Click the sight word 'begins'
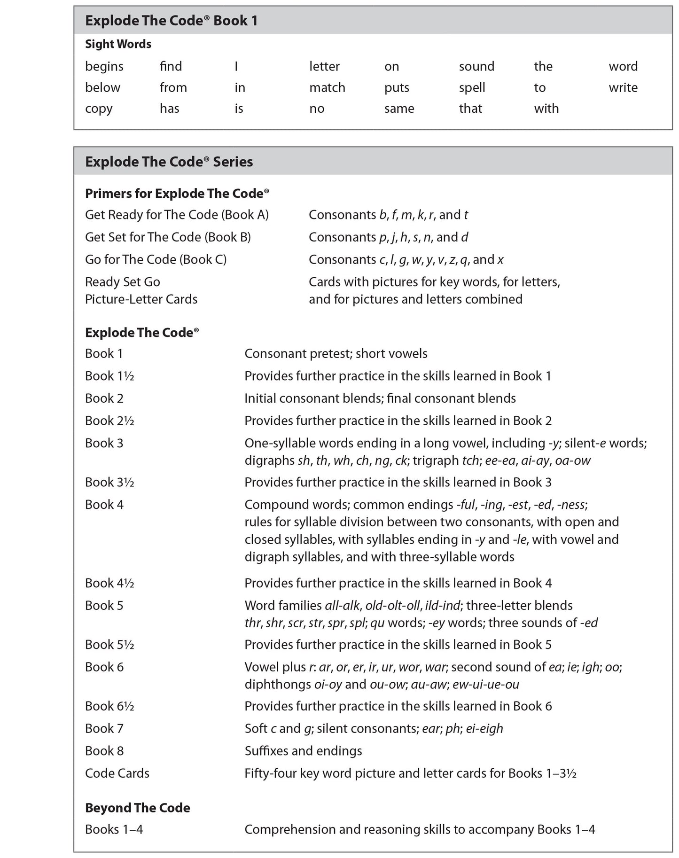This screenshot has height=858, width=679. (x=104, y=67)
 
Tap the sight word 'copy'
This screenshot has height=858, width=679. (x=99, y=109)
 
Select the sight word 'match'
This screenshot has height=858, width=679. (x=327, y=88)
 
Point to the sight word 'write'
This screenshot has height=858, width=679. (x=623, y=88)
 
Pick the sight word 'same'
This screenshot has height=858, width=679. (x=399, y=109)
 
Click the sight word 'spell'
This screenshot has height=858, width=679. (x=472, y=88)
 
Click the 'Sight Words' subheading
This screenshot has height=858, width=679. (x=118, y=44)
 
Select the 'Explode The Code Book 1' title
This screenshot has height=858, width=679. (x=171, y=21)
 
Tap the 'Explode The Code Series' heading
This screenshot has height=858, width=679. (x=169, y=162)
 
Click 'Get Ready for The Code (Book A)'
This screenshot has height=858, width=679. (x=177, y=215)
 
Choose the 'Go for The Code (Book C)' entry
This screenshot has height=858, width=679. (x=156, y=260)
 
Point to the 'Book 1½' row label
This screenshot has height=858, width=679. (x=109, y=376)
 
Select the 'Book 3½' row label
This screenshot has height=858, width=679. (x=109, y=483)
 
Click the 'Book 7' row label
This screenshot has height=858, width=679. (x=104, y=729)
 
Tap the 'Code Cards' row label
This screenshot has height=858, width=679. (x=117, y=773)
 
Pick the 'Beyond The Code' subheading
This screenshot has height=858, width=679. (x=137, y=808)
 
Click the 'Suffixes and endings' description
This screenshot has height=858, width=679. (x=303, y=751)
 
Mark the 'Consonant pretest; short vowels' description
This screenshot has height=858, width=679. (x=336, y=354)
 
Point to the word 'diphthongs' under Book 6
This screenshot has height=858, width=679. (x=278, y=685)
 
